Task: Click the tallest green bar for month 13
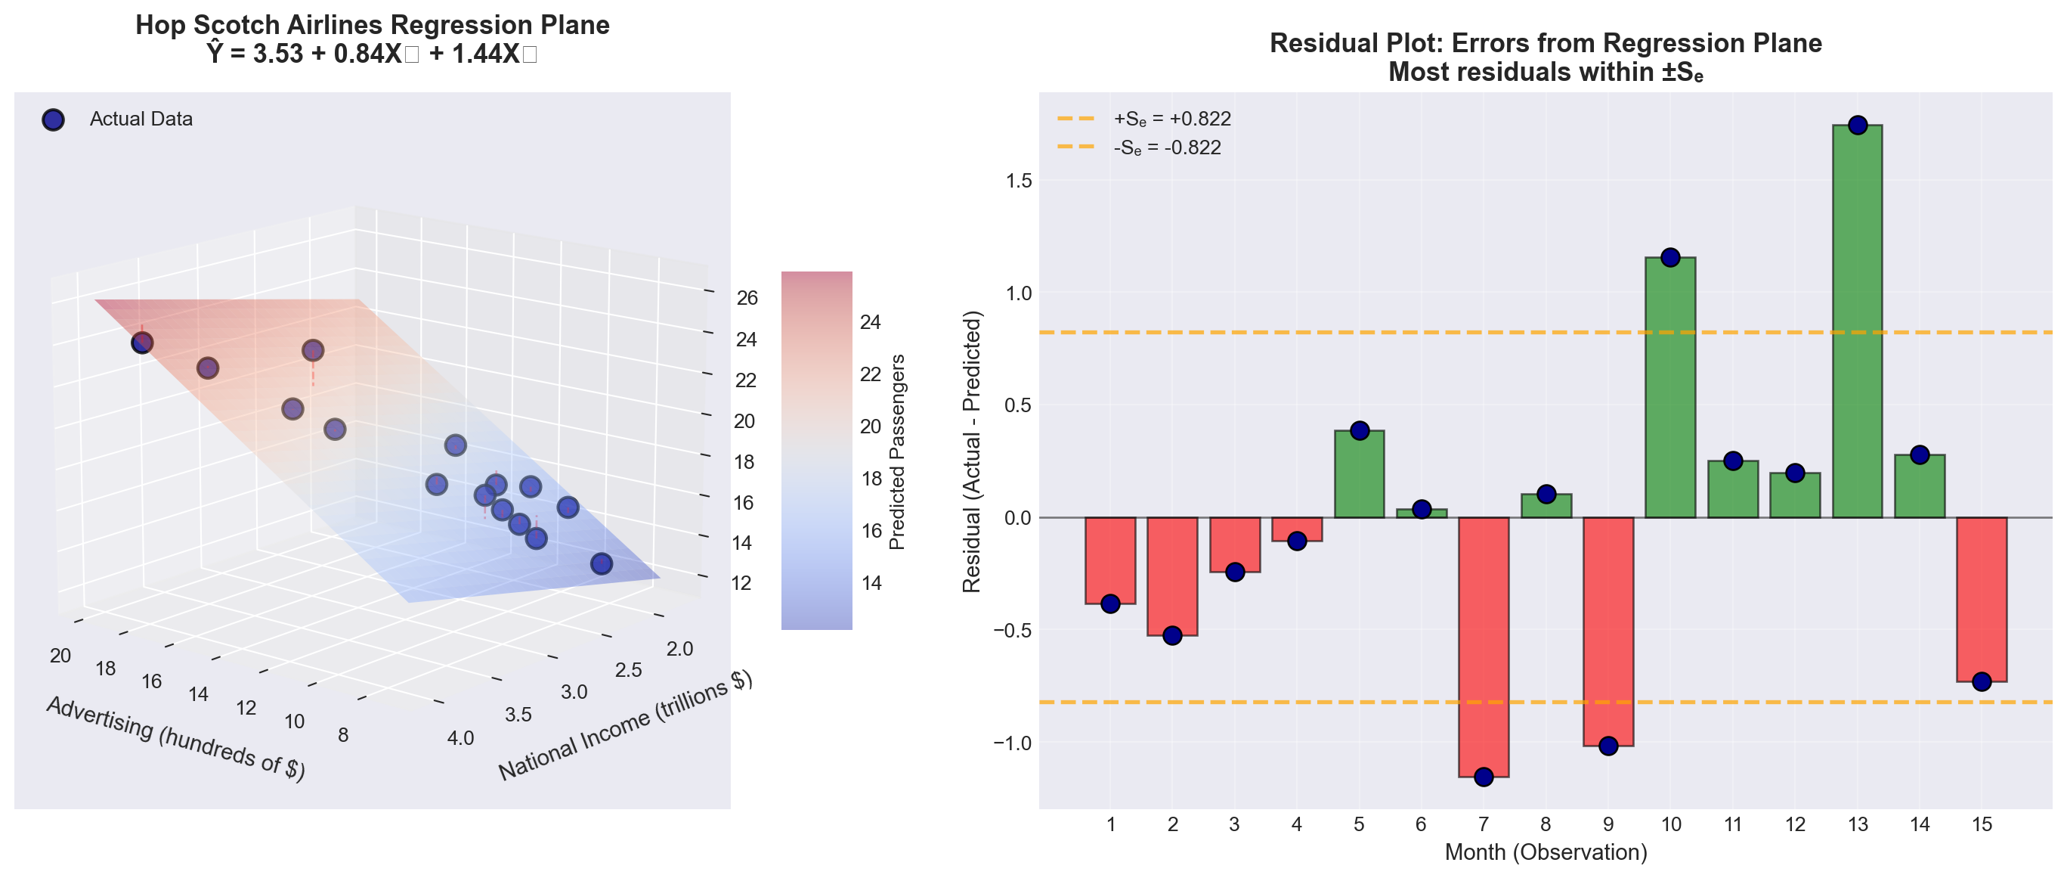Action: pyautogui.click(x=1857, y=321)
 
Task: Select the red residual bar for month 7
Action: pyautogui.click(x=1483, y=646)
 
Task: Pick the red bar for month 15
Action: pyautogui.click(x=1981, y=599)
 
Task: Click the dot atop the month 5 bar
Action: pyautogui.click(x=1360, y=431)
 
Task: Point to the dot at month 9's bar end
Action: pyautogui.click(x=1608, y=746)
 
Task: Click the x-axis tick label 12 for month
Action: pyautogui.click(x=1795, y=824)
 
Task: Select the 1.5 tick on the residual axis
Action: pyautogui.click(x=1018, y=181)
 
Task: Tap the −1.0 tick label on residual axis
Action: pyautogui.click(x=1012, y=743)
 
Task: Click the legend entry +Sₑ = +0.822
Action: pyautogui.click(x=1171, y=119)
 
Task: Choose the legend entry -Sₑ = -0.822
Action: pyautogui.click(x=1167, y=147)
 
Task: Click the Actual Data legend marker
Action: pyautogui.click(x=53, y=119)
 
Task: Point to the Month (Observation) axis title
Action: pyautogui.click(x=1546, y=852)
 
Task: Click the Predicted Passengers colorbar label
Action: pyautogui.click(x=897, y=451)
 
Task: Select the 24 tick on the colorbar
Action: pyautogui.click(x=871, y=323)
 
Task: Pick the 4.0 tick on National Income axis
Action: pyautogui.click(x=460, y=738)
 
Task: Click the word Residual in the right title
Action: pyautogui.click(x=1316, y=43)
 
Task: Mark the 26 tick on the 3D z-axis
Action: pyautogui.click(x=747, y=299)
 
